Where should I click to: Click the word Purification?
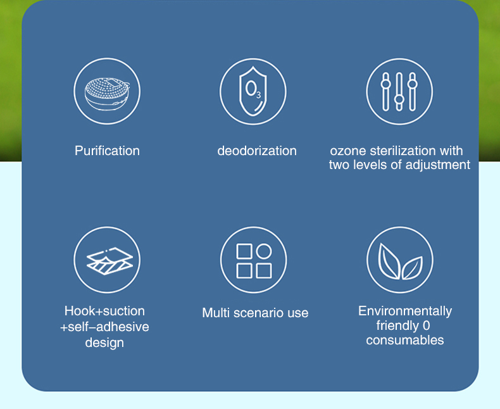click(x=107, y=151)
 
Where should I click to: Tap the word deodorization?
click(x=257, y=151)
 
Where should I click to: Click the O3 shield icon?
click(x=253, y=91)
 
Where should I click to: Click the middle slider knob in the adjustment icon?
click(x=399, y=99)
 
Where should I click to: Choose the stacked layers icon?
click(x=109, y=261)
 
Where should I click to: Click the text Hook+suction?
click(x=104, y=311)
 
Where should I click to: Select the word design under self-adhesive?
click(x=104, y=343)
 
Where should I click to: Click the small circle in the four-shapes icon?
click(x=264, y=251)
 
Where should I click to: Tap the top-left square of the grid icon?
click(x=244, y=251)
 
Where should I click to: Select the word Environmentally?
click(x=405, y=311)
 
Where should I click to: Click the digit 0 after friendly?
click(x=427, y=325)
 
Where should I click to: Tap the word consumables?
click(x=405, y=340)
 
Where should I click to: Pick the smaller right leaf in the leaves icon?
click(x=413, y=268)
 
